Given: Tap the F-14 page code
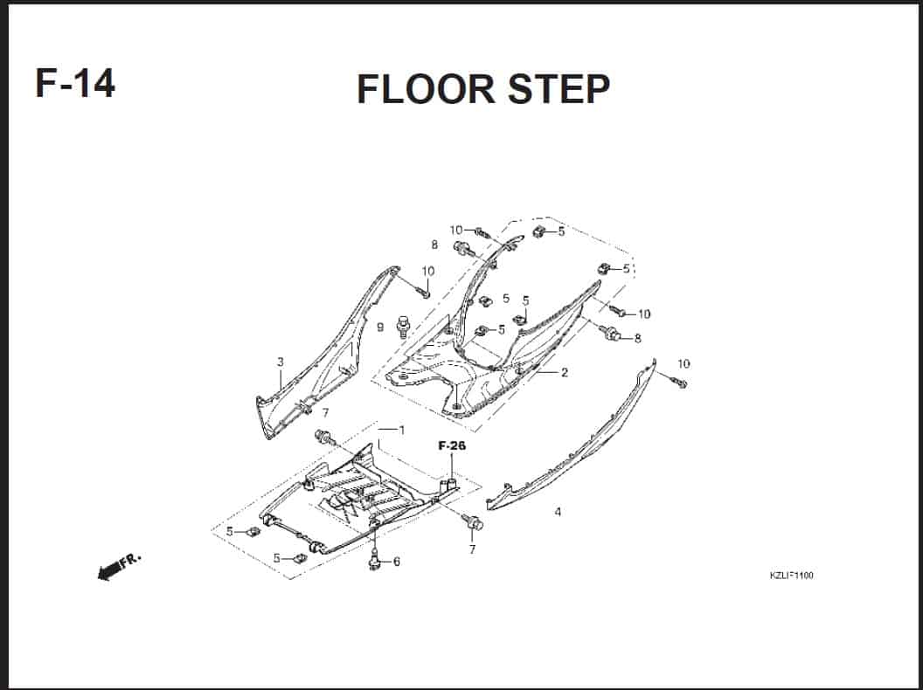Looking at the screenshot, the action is click(75, 83).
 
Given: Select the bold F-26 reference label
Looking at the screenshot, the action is click(452, 446).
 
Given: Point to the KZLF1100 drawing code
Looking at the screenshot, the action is click(791, 575).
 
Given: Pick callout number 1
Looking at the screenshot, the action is click(401, 430).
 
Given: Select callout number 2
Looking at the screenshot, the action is click(564, 372).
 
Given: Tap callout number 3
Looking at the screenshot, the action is click(281, 362).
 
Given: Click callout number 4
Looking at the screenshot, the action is click(558, 512).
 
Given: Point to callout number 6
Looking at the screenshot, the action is click(396, 562).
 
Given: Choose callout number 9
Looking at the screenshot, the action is click(380, 327).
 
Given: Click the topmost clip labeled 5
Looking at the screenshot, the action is click(539, 231).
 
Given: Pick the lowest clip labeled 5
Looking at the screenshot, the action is click(300, 557).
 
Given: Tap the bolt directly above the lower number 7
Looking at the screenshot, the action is click(473, 521).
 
